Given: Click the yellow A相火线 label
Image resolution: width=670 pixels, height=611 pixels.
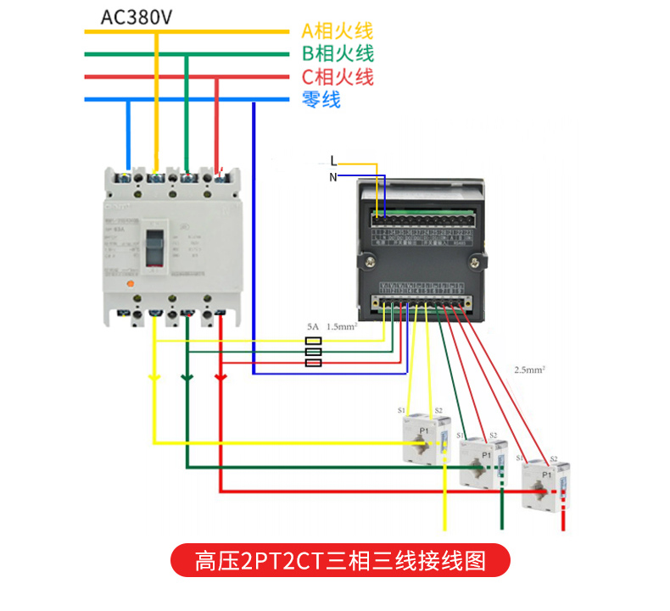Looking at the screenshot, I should [337, 32].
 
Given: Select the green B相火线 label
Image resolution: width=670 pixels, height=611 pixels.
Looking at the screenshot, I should [337, 54].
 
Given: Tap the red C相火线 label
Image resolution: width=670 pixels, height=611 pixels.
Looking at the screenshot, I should [337, 77].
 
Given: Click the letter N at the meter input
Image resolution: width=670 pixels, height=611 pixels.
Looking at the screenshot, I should [333, 176].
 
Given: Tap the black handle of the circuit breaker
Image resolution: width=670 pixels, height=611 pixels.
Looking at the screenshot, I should [156, 246].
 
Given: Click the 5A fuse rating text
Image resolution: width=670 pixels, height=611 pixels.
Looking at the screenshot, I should [312, 326].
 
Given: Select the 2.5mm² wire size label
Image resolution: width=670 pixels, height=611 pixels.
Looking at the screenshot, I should [529, 370].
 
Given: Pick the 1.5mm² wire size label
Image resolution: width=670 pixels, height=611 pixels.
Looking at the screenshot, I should [342, 326].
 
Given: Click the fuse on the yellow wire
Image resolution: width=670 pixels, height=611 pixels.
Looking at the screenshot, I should [313, 342].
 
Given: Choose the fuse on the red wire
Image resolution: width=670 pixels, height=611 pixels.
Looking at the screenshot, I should [313, 363].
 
